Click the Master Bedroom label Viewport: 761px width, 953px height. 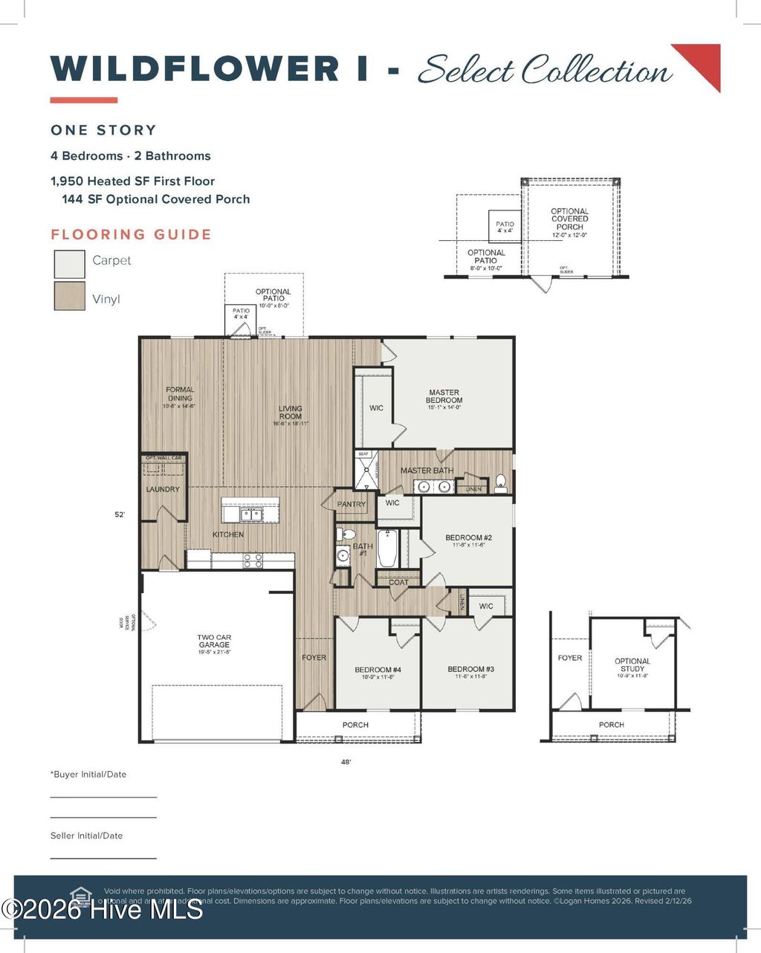point(444,396)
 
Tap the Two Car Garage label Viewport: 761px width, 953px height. point(214,642)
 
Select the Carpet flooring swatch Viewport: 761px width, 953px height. point(69,264)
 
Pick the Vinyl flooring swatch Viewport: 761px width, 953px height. point(69,295)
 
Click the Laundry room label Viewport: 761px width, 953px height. point(163,489)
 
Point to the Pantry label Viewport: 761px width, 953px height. point(352,504)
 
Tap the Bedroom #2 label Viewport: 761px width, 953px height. point(468,537)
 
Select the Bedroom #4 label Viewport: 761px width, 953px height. point(378,671)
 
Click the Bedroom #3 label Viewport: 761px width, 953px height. point(470,670)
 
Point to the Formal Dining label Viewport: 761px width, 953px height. point(180,394)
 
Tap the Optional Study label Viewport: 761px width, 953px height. point(632,665)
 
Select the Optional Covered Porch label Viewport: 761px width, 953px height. point(570,219)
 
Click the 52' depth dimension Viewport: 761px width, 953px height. point(120,514)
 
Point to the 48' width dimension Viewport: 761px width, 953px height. point(345,762)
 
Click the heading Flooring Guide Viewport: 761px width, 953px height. point(132,235)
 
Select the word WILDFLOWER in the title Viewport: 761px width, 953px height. point(195,68)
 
